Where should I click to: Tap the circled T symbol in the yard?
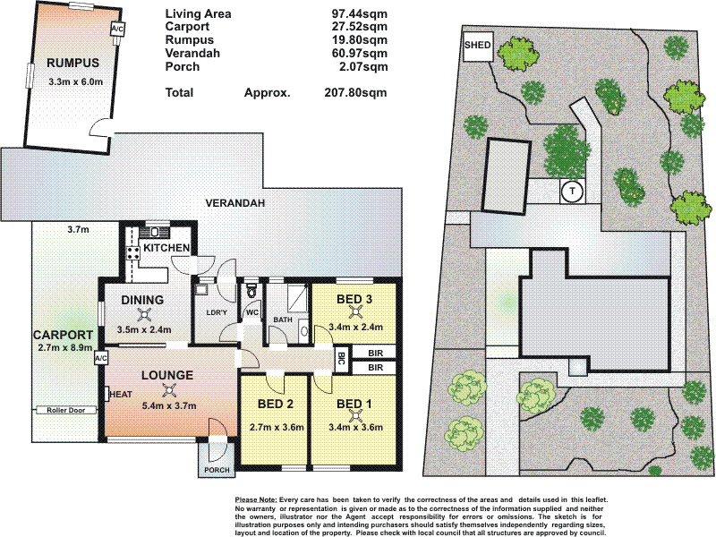click(x=570, y=191)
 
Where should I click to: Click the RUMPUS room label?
click(x=72, y=64)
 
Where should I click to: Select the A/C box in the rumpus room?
click(x=117, y=30)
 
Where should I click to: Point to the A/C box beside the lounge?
click(x=100, y=357)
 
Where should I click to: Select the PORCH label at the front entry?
click(x=217, y=470)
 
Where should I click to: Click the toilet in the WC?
click(x=251, y=293)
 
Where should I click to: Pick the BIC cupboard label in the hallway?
click(x=342, y=360)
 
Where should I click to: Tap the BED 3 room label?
click(x=354, y=299)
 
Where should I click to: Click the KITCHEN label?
click(x=167, y=248)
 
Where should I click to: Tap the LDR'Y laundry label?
click(x=215, y=311)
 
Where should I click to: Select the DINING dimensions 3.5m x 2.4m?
click(x=143, y=329)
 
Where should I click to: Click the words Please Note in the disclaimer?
click(x=255, y=499)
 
